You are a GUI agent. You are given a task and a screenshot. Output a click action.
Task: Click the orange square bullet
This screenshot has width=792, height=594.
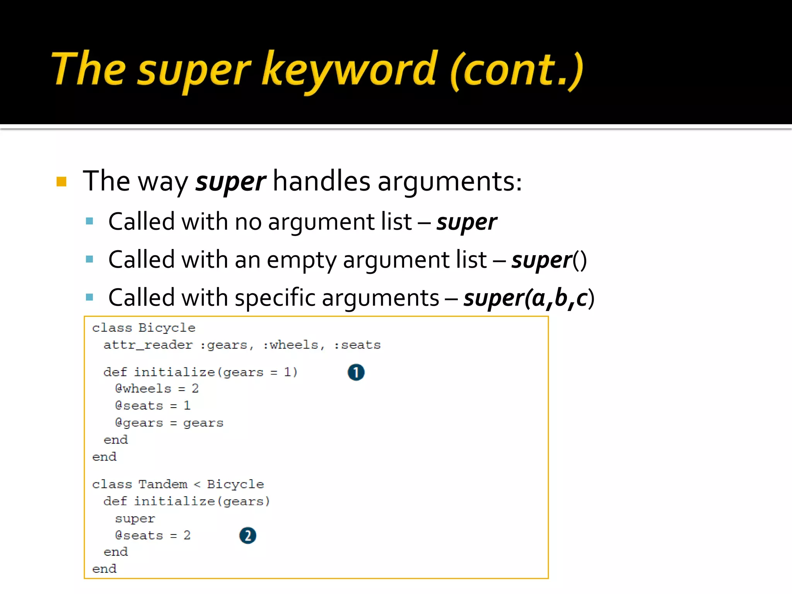[x=61, y=181]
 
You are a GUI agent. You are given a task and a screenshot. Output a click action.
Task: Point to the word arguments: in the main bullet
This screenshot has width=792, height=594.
[x=450, y=181]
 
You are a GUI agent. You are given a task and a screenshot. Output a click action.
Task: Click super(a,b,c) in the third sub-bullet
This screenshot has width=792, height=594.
[x=529, y=298]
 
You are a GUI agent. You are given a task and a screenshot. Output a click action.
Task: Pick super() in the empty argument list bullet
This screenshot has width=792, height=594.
[x=549, y=260]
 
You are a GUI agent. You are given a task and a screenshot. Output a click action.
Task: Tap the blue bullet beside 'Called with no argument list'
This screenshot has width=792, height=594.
[x=90, y=221]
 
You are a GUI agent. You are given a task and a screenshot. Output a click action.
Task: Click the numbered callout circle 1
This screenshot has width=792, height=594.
[x=356, y=372]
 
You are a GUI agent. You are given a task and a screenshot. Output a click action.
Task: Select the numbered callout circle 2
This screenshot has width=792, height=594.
[x=247, y=536]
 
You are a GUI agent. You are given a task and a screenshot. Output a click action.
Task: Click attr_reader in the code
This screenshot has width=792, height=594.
[x=148, y=345]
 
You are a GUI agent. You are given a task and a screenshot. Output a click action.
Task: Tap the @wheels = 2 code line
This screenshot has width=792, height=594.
[x=157, y=388]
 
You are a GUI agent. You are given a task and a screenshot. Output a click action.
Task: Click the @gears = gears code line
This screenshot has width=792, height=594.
[x=169, y=423]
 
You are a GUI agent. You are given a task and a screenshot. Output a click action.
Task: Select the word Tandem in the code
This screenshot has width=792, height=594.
[x=163, y=484]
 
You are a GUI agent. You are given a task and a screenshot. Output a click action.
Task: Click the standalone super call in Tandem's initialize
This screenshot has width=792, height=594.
[x=135, y=518]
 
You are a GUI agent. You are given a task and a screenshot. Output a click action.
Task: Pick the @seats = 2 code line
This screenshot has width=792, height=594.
[x=153, y=536]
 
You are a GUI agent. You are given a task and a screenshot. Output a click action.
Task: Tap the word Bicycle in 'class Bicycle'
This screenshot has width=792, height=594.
[x=167, y=328]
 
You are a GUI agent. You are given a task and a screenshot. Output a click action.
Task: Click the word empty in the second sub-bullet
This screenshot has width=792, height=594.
[x=302, y=260]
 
